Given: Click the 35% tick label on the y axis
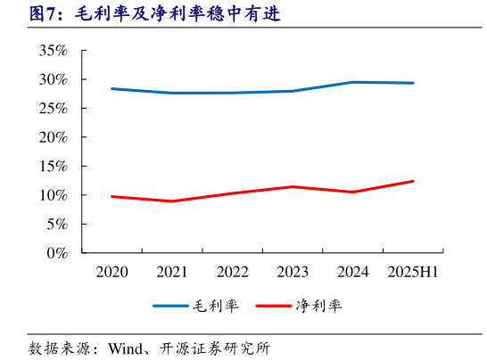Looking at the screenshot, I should tap(54, 51).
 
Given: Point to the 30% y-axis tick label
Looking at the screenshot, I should tap(54, 79).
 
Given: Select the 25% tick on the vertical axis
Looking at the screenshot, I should tap(54, 109).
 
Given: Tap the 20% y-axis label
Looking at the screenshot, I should tap(54, 137).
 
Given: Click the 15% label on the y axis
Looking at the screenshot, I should tap(54, 167).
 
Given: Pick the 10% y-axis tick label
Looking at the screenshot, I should tap(54, 195).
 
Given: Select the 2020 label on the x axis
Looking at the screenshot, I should tap(111, 272).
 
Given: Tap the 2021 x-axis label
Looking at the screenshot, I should tap(172, 272).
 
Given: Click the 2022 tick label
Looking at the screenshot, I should tap(233, 272).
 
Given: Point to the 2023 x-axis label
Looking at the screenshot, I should tap(293, 272).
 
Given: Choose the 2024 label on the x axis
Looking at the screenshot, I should tap(353, 272).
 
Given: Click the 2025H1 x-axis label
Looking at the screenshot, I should tap(413, 272).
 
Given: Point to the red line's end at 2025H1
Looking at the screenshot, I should tap(413, 181).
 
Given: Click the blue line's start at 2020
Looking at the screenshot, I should tap(111, 89).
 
